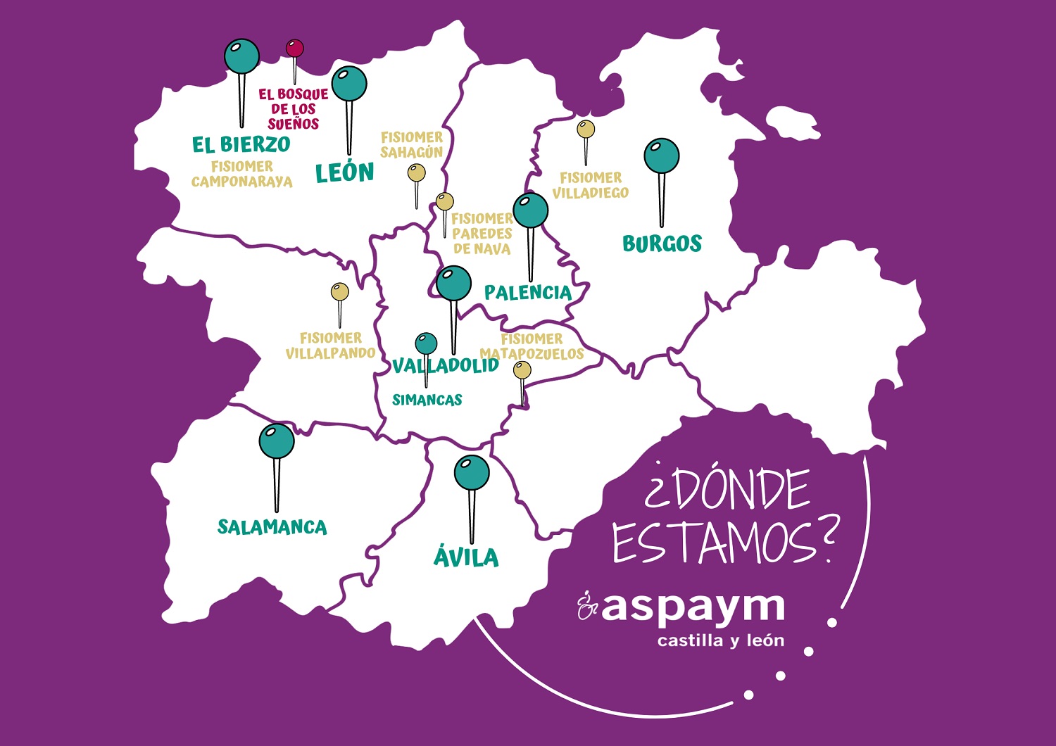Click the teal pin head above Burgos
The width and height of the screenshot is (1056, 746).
[661, 156]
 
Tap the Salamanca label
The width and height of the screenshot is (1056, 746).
[272, 527]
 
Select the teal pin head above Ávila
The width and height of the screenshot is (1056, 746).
[472, 473]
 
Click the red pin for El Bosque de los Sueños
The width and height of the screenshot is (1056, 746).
[294, 48]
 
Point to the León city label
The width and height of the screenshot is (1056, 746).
[344, 172]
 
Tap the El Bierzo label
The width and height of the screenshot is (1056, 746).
[241, 144]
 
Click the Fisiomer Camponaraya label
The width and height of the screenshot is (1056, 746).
[241, 174]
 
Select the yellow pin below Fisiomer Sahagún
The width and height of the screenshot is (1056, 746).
[417, 173]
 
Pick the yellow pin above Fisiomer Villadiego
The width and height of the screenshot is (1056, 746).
[586, 129]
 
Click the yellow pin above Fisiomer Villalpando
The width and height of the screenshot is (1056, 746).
[340, 291]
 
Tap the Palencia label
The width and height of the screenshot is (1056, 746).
[528, 292]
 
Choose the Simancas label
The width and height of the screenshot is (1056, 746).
[427, 400]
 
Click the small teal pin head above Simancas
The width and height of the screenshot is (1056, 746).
[426, 343]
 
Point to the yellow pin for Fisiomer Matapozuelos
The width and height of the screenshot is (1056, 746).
[522, 370]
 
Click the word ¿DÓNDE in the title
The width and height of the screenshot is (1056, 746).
[727, 487]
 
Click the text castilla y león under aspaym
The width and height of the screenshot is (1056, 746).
[720, 641]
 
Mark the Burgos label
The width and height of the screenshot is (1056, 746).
[662, 244]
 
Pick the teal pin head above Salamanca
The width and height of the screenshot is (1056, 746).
[277, 441]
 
